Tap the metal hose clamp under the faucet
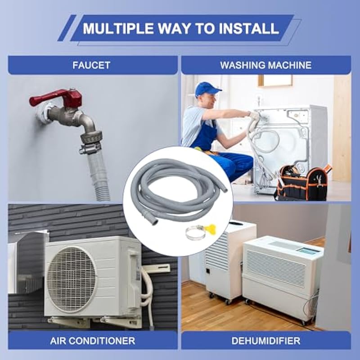[x=90, y=148]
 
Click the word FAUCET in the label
[x=91, y=65]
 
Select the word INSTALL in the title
[x=249, y=28]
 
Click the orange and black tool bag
[x=302, y=183]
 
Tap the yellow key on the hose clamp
[x=210, y=229]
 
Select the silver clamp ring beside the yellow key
[x=195, y=233]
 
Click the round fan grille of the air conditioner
[x=72, y=279]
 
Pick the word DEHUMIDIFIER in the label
[x=266, y=341]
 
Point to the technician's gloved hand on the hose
[x=254, y=117]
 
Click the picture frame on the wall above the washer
[x=275, y=81]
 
